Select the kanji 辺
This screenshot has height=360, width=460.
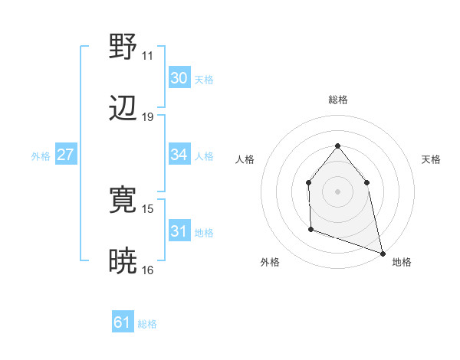tap(123, 108)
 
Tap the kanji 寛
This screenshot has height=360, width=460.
tap(123, 200)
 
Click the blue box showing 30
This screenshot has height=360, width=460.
tap(179, 78)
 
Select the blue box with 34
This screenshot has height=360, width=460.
tap(179, 155)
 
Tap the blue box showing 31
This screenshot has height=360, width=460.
tap(179, 231)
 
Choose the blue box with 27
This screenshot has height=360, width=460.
tap(65, 155)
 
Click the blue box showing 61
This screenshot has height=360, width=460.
tap(122, 322)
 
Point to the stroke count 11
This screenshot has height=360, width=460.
tap(147, 56)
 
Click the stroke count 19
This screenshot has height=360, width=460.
tap(147, 117)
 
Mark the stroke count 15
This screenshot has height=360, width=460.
tap(147, 209)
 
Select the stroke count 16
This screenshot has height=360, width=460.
tap(147, 270)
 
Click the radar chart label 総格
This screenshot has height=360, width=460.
tap(337, 100)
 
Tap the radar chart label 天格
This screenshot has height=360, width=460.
tap(431, 159)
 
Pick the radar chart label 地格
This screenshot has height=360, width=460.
tap(402, 262)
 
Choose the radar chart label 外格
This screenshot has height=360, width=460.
tap(270, 262)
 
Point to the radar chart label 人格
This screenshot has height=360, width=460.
tap(245, 159)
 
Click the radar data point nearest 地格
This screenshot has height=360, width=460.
tap(382, 253)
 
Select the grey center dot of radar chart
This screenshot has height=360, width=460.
tap(337, 191)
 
